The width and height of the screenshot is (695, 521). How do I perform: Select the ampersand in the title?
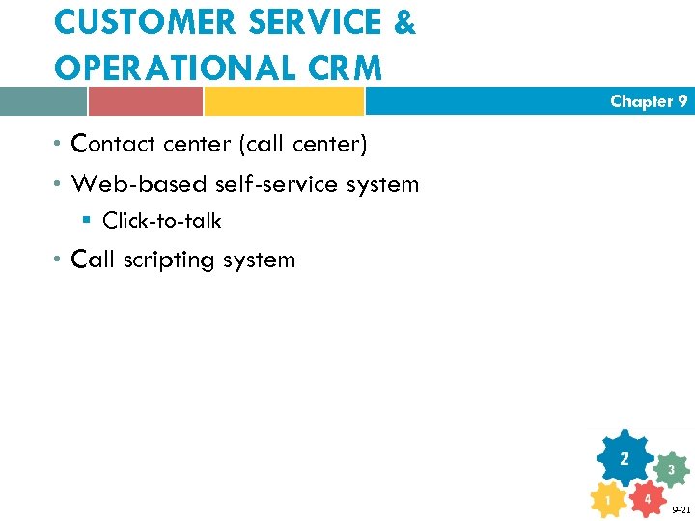pos(404,23)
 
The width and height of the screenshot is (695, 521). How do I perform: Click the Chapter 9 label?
pos(649,101)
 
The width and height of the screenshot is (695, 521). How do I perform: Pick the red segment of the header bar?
pos(145,101)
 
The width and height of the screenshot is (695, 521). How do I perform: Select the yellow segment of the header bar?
pos(284,101)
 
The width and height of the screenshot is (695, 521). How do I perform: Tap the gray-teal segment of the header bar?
pos(43,101)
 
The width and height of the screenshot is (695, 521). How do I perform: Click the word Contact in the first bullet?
pos(113,144)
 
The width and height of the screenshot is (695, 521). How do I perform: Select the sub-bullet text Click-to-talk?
pos(161,221)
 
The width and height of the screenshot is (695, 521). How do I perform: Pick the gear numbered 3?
pos(671,470)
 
